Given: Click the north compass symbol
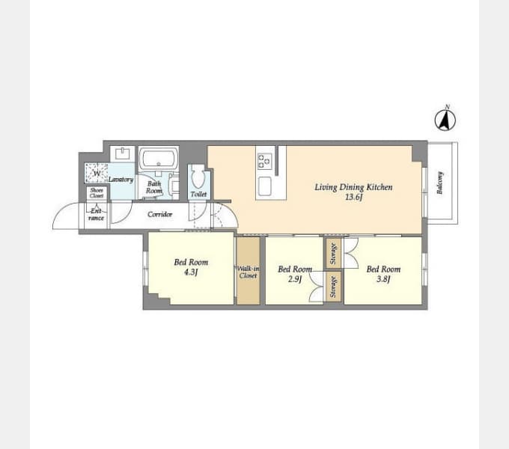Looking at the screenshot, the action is pos(445,120).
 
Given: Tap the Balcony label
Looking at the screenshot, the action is pos(440,183).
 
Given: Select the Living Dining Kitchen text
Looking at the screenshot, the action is pos(353,187).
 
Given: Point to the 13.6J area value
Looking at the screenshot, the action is pos(353,197).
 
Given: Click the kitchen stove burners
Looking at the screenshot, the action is pos(264,161).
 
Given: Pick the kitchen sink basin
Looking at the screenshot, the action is pos(265,186).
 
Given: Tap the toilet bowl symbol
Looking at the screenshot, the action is pos(197,176).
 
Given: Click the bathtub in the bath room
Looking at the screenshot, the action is pos(159,159).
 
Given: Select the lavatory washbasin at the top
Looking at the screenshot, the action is pos(122,153).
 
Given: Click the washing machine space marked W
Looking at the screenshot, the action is pos(96,173).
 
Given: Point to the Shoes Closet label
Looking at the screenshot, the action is pos(97,193).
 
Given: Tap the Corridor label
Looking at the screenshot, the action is pos(159,215).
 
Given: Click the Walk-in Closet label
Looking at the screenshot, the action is pos(248,272).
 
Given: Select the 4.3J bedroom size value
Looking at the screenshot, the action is pos(191,272).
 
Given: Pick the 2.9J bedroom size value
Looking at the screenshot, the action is pos(295,278).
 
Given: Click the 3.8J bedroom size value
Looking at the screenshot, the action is pos(383,278).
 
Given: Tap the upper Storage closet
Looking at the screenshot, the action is pos(333,254).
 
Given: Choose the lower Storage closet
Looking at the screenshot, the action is pos(333,287).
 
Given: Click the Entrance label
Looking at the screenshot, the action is pos(96,215).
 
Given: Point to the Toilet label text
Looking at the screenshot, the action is pos(198,195).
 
